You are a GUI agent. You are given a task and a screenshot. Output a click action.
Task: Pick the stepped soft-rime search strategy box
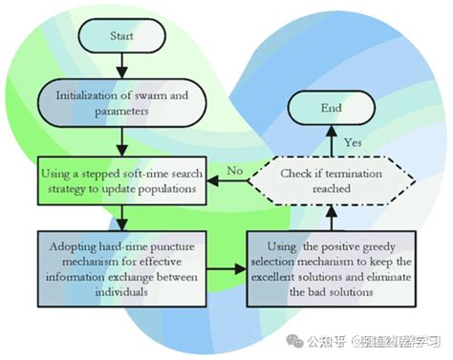[120, 178]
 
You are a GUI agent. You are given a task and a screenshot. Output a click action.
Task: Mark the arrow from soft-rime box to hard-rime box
[120, 214]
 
